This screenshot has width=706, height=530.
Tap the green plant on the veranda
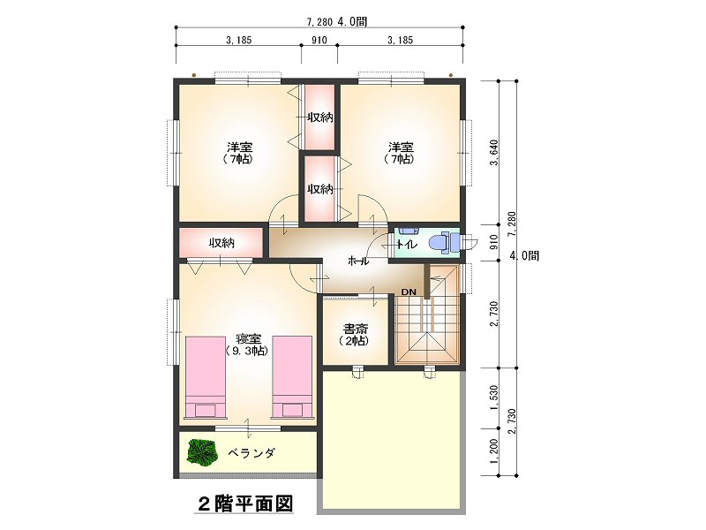click(202, 452)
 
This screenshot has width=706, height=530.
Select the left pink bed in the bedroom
click(206, 378)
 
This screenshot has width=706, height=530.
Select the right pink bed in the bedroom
click(292, 378)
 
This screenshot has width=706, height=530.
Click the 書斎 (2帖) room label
click(356, 334)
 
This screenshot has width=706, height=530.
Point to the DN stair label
click(409, 292)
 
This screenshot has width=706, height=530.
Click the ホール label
click(358, 261)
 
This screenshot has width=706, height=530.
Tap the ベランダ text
click(251, 453)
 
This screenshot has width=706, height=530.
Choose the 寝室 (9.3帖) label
click(246, 344)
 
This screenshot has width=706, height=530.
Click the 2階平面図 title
click(246, 503)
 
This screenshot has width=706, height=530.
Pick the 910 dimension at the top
click(319, 40)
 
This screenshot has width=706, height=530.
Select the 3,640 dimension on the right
click(494, 153)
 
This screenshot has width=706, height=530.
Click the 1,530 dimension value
click(494, 397)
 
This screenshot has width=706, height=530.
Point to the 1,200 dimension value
click(494, 451)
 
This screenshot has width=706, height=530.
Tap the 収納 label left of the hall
click(222, 244)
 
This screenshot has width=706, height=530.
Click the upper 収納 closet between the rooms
click(320, 117)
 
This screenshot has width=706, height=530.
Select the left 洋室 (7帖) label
click(239, 153)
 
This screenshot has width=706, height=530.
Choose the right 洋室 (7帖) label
click(401, 153)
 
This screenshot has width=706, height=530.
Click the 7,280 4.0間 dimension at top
click(336, 21)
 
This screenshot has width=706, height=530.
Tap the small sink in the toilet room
click(409, 231)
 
